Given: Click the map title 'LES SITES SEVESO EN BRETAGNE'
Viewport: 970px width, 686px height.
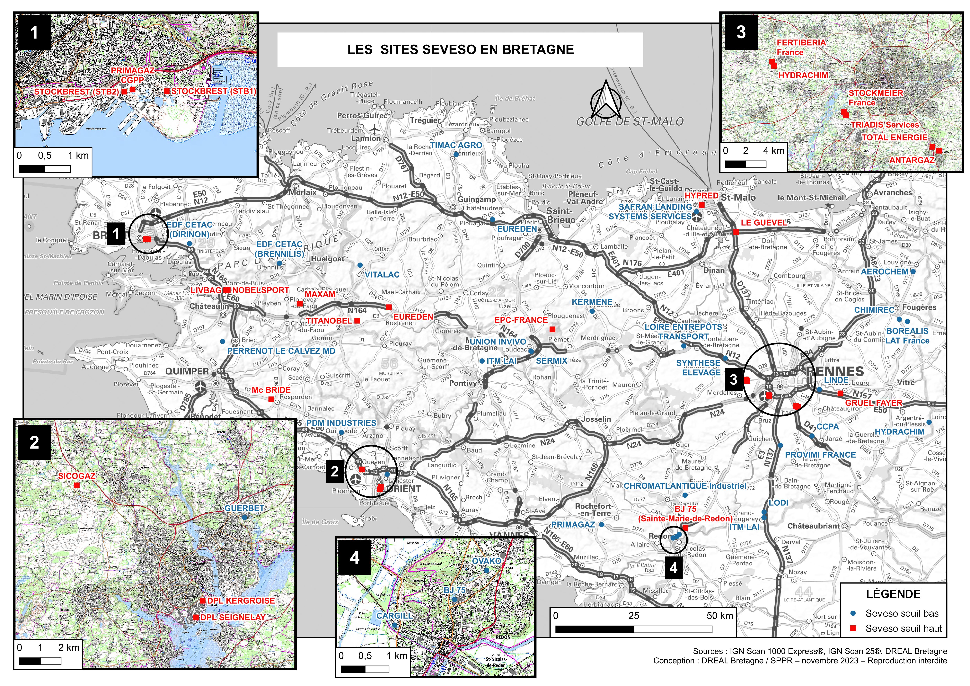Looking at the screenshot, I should [x=461, y=50].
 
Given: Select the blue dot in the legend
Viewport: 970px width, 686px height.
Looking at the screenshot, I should [x=852, y=613].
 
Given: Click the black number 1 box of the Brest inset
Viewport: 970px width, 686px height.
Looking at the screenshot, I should [x=34, y=32].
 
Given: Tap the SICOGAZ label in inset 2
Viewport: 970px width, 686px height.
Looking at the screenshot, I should [x=76, y=476].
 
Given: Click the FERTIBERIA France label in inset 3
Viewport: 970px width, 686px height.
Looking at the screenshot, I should [x=801, y=47].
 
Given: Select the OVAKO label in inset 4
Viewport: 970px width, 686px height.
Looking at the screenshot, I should [x=486, y=561].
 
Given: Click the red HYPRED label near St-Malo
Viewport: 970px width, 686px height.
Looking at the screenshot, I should [x=701, y=196].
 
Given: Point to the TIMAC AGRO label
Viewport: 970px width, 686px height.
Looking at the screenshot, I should [x=456, y=145].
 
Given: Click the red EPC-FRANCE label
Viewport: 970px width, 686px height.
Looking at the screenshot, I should [x=521, y=320].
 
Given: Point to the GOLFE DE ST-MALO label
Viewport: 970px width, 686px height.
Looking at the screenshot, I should [x=630, y=122].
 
